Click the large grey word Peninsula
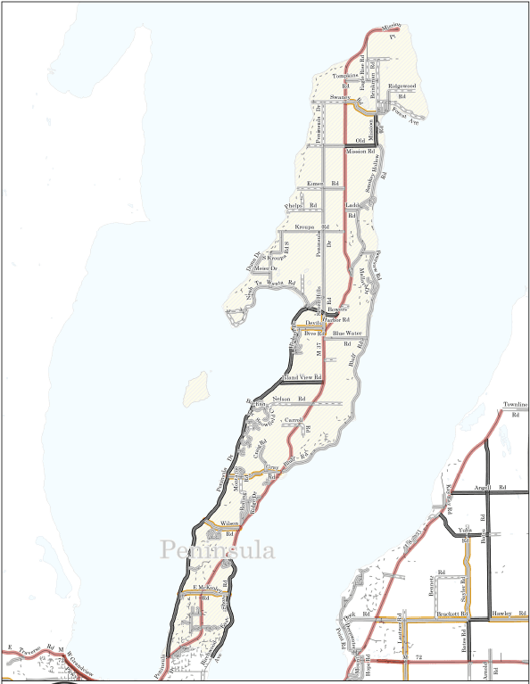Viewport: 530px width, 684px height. click(218, 550)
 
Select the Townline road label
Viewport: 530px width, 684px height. click(516, 404)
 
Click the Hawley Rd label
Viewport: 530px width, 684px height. click(508, 614)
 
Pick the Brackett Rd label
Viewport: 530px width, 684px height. click(453, 614)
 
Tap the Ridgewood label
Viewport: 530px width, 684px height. click(402, 86)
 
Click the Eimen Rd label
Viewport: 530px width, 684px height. click(323, 183)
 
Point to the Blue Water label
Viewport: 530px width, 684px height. click(347, 333)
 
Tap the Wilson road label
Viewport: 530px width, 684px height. click(229, 523)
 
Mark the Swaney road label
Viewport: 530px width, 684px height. click(338, 95)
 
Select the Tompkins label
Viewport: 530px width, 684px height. click(344, 75)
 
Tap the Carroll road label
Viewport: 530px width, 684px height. click(294, 418)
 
